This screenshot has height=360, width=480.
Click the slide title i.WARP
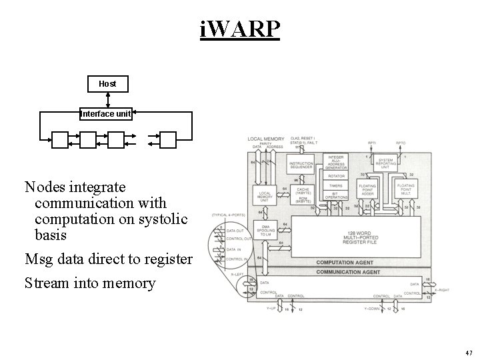(x=239, y=29)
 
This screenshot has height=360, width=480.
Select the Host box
(x=107, y=84)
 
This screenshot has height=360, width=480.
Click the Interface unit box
(x=106, y=114)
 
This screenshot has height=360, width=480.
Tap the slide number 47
(x=468, y=353)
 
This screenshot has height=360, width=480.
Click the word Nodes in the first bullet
(x=47, y=187)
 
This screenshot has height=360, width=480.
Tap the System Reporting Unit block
(x=385, y=164)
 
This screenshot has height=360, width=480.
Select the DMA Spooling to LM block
(x=268, y=229)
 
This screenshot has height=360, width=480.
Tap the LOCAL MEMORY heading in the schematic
(x=266, y=139)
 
